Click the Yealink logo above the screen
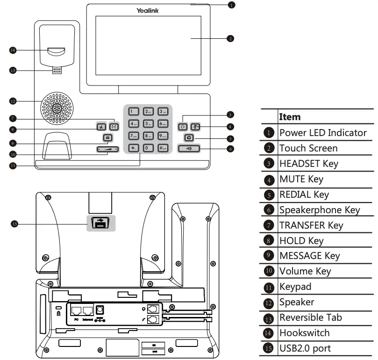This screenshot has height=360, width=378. tap(148, 10)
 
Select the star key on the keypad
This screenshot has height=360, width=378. tap(134, 148)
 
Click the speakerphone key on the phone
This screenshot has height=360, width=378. tap(189, 149)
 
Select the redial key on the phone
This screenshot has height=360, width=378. tap(188, 137)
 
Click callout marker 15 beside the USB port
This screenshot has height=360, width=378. tap(14, 224)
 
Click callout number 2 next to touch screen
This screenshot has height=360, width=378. tap(230, 38)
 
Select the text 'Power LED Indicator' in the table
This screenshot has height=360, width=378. tap(323, 133)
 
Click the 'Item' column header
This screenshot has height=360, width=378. tap(290, 117)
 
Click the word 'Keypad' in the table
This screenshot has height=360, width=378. tap(295, 287)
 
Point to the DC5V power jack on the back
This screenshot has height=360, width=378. tap(100, 310)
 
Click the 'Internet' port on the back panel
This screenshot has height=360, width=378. tap(87, 310)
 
